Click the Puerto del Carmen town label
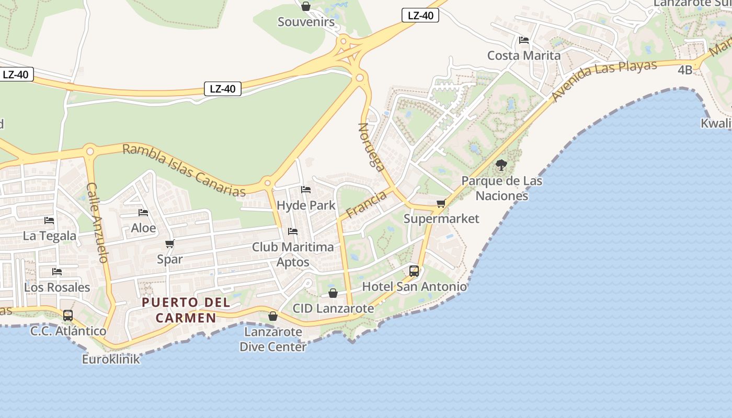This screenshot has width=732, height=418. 186,310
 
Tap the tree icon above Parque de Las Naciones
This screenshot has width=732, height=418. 501,166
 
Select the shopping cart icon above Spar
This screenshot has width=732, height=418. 169,243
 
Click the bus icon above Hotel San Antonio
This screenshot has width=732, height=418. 414,271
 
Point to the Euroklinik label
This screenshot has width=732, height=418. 111,359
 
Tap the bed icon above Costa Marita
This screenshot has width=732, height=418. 523,40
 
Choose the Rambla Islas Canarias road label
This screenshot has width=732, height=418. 184,170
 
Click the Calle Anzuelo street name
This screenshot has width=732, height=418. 97,222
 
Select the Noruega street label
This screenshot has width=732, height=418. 371,147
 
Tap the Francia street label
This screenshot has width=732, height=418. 366,204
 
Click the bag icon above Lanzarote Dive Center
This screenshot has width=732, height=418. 272,316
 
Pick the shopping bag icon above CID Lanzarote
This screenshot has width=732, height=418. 333,293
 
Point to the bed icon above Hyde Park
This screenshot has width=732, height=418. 306,190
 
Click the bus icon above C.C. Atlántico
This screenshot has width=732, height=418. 68,316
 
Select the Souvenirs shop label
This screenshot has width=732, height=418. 306,22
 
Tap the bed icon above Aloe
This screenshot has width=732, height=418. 143,213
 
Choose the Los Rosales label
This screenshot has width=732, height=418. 57,287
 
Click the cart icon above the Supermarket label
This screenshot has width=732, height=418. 441,203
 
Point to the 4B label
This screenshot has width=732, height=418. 685,69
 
